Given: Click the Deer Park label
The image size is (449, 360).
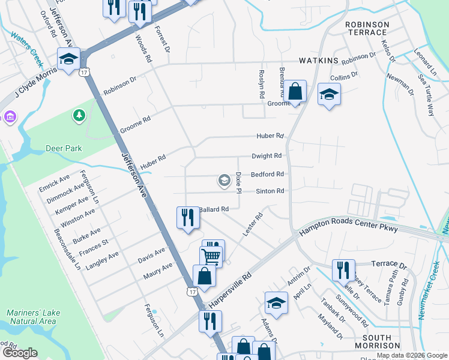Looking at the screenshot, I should pos(64,148).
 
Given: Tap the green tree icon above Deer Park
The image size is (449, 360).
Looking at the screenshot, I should pos(79,115).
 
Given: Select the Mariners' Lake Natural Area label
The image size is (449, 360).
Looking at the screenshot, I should pos(31,317).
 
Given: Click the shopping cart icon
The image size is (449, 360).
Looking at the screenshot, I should pos(211,256).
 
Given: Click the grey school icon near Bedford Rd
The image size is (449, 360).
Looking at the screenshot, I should pos(224,181).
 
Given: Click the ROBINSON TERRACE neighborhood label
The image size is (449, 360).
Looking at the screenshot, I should pos(367,29).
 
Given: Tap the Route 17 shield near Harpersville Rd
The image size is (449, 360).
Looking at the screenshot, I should pos(191,292).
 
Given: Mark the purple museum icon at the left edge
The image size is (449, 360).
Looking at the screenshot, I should pos(9,116).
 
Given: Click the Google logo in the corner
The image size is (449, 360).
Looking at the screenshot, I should pos(20,352).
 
